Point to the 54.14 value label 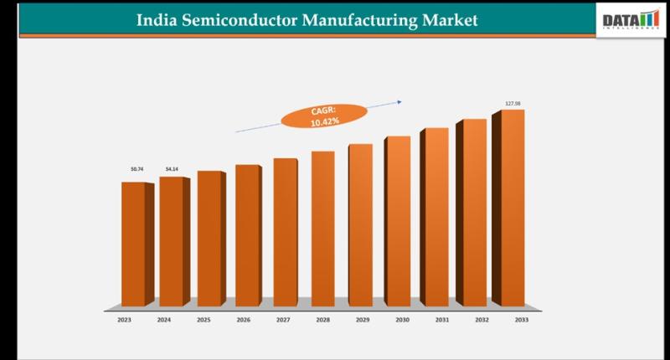172,169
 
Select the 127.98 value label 513,103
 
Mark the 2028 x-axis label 323,319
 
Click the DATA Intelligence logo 630,20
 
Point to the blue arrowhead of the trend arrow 399,102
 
